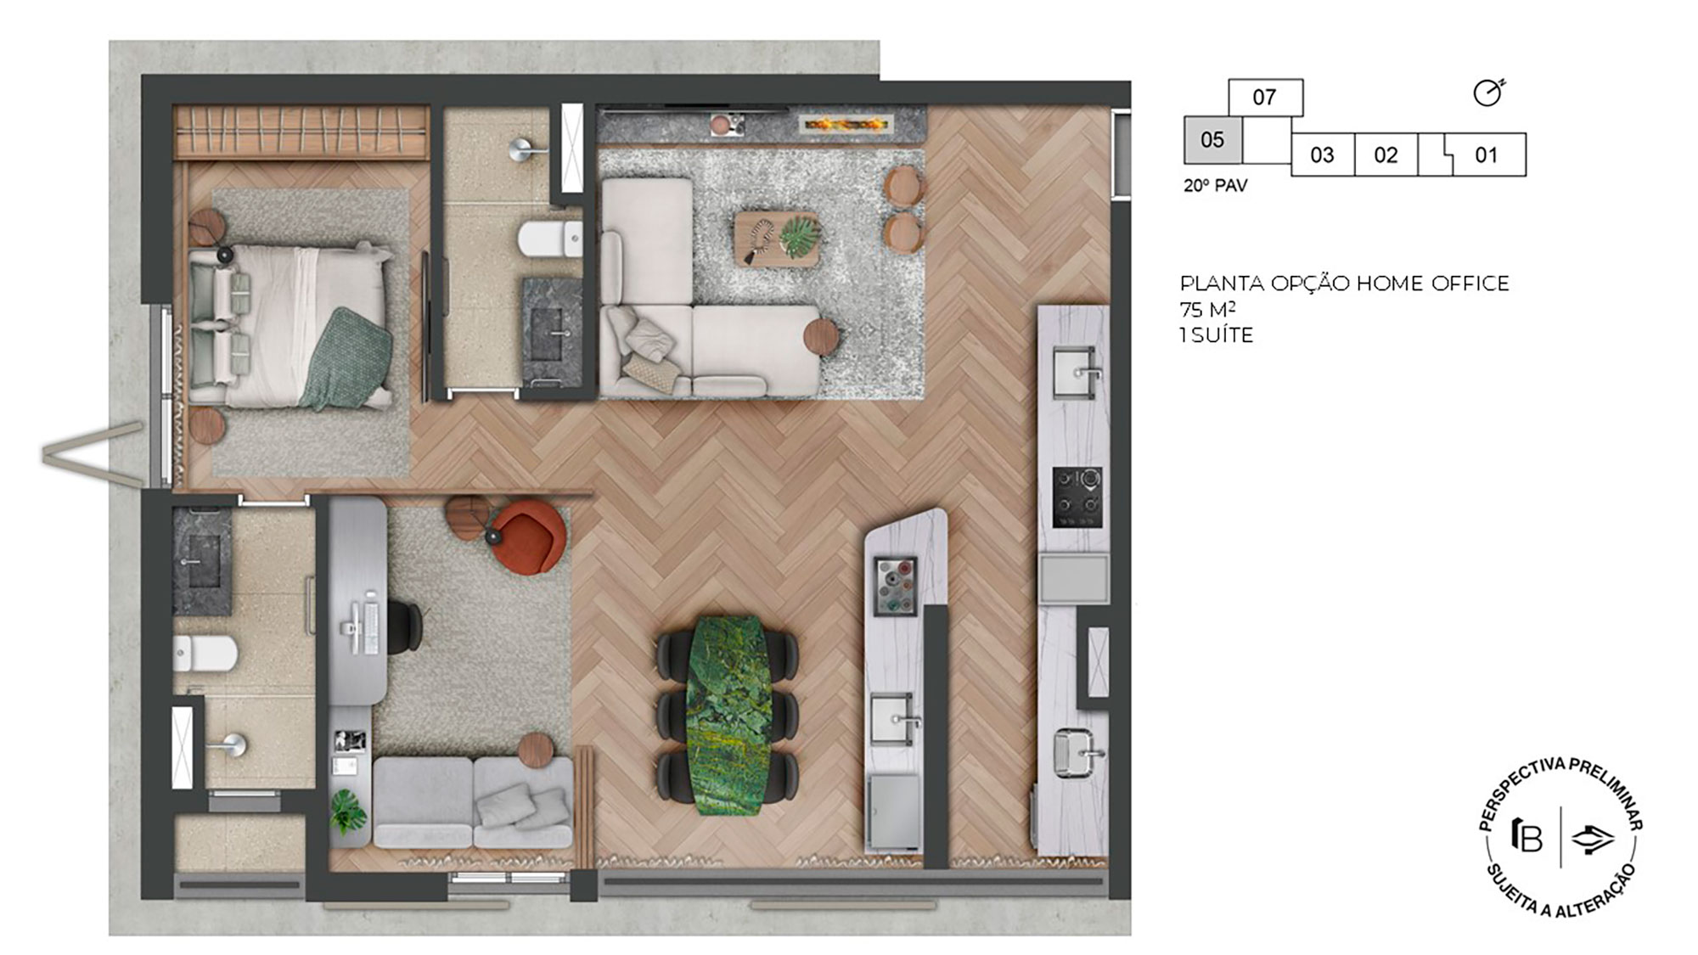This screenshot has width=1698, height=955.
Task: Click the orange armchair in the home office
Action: tap(528, 537)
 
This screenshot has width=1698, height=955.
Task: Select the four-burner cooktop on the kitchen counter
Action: tap(1077, 497)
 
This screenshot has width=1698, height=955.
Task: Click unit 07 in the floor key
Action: tap(1264, 98)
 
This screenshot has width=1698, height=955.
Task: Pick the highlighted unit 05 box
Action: tap(1212, 140)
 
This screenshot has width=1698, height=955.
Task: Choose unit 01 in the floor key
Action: tap(1486, 154)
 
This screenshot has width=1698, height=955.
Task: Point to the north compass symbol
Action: tap(1487, 93)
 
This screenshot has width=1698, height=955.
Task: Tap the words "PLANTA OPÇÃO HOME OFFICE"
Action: tap(1344, 284)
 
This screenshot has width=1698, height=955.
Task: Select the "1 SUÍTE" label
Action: tap(1217, 335)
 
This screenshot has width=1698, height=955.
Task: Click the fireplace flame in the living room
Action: tap(846, 126)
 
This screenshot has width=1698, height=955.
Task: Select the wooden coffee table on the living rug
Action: tap(777, 238)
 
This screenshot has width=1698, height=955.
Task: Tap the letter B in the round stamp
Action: tap(1528, 837)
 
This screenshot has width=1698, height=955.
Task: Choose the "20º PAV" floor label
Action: tap(1215, 185)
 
